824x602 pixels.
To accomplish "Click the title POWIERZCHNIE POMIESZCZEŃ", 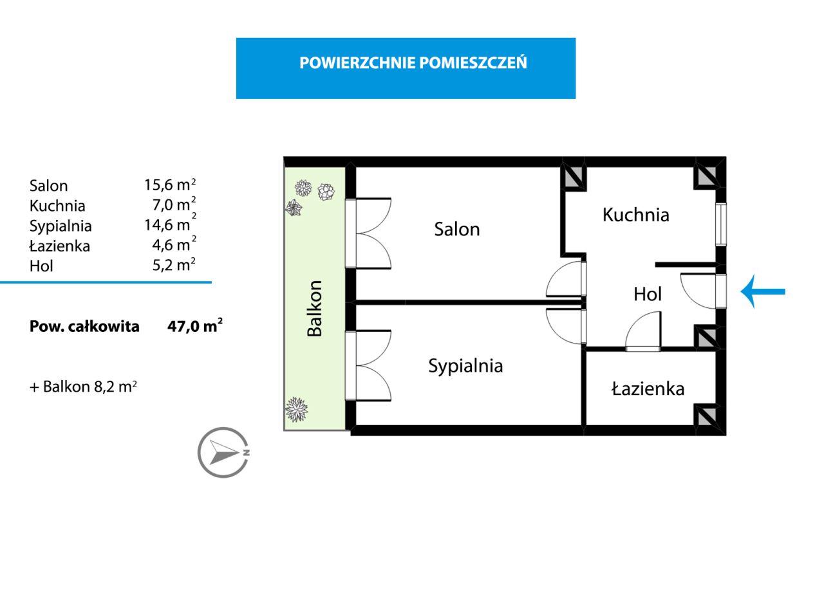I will click(x=413, y=63).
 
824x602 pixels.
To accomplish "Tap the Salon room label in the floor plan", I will click(x=456, y=229).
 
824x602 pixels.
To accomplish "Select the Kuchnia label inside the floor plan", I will click(x=635, y=215).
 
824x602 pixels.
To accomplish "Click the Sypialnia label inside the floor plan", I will click(x=465, y=365).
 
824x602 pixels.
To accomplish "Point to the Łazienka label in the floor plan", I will click(x=648, y=388).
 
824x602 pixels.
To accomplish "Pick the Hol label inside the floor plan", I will click(x=647, y=294).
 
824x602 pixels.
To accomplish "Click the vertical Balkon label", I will click(x=314, y=308).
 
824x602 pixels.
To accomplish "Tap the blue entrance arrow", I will click(x=763, y=291).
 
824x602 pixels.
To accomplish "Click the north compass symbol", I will click(x=223, y=452).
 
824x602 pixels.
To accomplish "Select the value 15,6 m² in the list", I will click(x=169, y=185).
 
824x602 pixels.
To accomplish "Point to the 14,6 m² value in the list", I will click(x=169, y=225).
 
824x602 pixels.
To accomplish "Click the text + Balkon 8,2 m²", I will click(x=83, y=387).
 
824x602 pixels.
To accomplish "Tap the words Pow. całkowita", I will click(x=84, y=326).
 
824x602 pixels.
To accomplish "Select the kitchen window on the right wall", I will click(x=721, y=224).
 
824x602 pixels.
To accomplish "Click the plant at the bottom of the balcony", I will click(x=296, y=408).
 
